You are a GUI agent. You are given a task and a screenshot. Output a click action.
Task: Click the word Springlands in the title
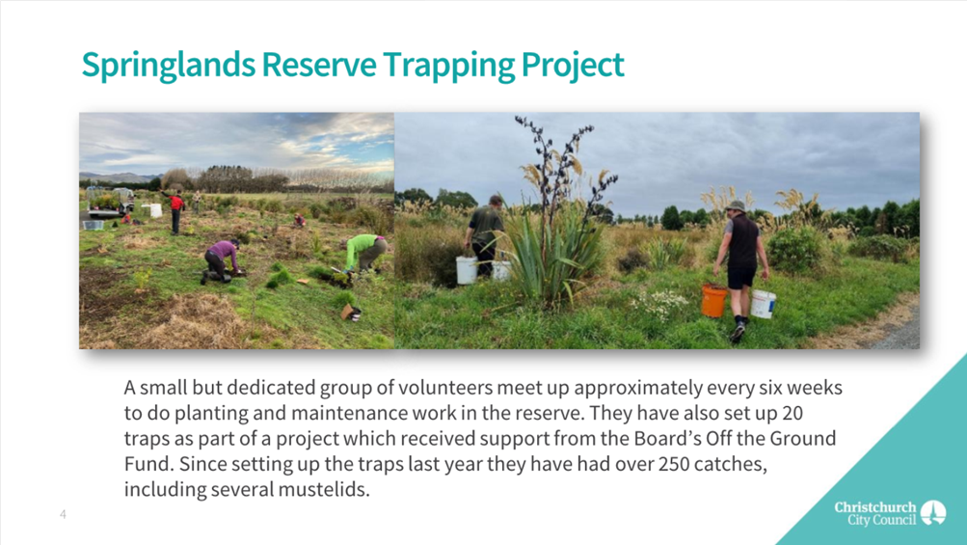coord(169,66)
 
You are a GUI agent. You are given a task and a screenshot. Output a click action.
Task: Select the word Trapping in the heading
coord(447,66)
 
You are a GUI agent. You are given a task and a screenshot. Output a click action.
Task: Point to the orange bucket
coord(714,301)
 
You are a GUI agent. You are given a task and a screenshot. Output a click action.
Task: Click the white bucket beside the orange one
coord(763,304)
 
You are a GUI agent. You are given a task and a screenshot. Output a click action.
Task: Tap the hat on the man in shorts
coord(736,206)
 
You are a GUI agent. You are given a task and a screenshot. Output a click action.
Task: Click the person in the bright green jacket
coord(365,252)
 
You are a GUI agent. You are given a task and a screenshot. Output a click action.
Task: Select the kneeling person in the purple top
coord(220,260)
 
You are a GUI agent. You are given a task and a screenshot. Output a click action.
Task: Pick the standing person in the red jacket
coord(175,210)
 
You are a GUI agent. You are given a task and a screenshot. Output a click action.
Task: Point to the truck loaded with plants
coord(110,203)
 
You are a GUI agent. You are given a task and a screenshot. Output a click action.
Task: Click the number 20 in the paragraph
coord(792,413)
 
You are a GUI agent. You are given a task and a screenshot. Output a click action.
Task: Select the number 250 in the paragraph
coord(674,464)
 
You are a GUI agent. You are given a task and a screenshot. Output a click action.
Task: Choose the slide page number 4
coord(63,514)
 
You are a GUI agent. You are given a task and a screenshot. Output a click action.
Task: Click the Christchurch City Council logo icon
coord(933,513)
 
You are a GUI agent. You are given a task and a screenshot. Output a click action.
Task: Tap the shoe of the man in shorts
coord(737,334)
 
